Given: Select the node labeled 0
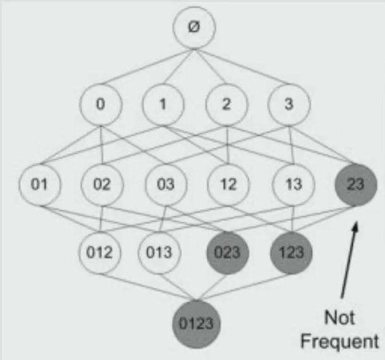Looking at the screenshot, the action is click(100, 104).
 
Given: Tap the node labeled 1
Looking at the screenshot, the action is click(162, 104).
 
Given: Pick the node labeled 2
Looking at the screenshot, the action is click(226, 104).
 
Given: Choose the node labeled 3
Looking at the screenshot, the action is click(289, 104).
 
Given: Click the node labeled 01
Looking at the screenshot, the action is click(39, 185).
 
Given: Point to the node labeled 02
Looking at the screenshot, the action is click(102, 185).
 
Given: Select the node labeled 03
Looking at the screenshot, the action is click(166, 185).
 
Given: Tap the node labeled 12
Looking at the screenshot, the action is click(229, 185).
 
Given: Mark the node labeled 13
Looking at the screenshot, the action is click(293, 185).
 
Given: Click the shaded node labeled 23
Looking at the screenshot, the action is click(355, 185).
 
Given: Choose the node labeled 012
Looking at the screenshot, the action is click(99, 253).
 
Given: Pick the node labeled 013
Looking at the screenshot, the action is click(159, 253).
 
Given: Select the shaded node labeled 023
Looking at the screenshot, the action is click(227, 253).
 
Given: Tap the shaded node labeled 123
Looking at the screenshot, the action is click(290, 253).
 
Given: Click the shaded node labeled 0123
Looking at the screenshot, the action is click(195, 323).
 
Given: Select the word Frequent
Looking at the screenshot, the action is click(340, 342).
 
